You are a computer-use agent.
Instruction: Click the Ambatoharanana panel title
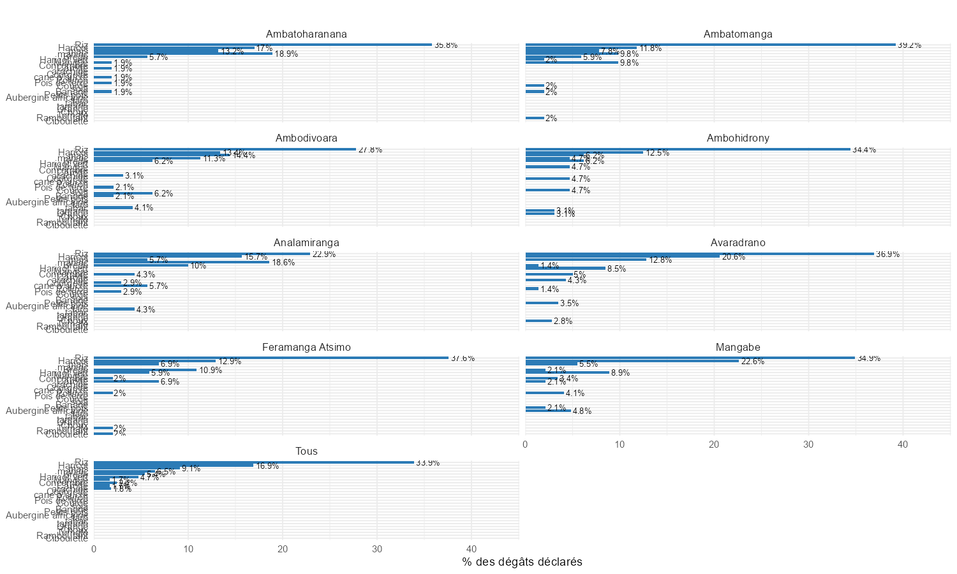coord(306,34)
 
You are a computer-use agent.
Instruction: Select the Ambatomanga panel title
coord(738,34)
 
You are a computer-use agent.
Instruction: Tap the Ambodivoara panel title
coord(306,138)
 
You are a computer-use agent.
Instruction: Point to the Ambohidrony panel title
coord(738,138)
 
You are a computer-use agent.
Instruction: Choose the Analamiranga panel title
coord(306,243)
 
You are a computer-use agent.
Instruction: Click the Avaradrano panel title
coord(738,243)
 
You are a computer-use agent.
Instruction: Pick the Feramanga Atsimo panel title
coord(306,348)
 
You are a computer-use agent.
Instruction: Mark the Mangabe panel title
coord(738,348)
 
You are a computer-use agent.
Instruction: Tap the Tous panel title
coord(306,452)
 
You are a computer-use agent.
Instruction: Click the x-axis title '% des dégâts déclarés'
coord(522,562)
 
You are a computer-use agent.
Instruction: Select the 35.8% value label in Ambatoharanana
coord(445,45)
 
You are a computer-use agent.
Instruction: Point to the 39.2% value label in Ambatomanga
coord(909,45)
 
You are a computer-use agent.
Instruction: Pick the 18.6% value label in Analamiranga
coord(283,263)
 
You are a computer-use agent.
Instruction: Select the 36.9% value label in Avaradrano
coord(887,254)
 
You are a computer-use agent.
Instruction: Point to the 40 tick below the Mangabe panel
coord(903,445)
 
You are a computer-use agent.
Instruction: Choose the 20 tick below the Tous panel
coord(283,549)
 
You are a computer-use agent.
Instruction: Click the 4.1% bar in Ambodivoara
coord(113,207)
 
